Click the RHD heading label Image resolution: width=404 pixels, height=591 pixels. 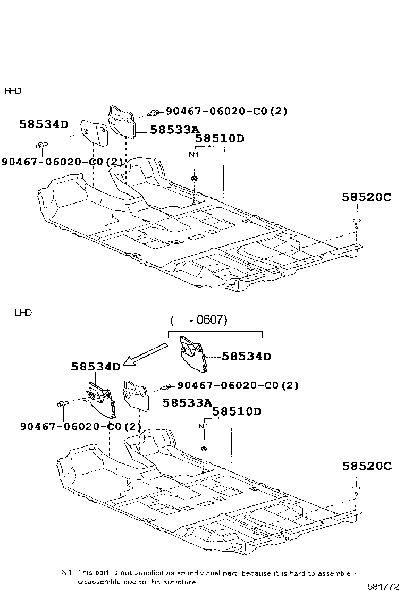click(x=13, y=91)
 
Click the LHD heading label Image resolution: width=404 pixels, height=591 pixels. click(x=23, y=313)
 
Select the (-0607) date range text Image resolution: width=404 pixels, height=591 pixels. click(x=199, y=320)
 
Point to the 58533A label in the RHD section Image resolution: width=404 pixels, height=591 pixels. click(x=174, y=129)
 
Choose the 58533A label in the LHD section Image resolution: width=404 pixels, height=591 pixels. click(x=187, y=403)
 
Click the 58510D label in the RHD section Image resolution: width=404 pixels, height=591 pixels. click(x=220, y=139)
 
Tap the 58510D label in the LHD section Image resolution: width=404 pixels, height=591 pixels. click(x=237, y=411)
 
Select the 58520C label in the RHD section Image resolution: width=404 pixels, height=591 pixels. click(x=366, y=197)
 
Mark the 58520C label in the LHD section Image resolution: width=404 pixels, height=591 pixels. click(x=366, y=466)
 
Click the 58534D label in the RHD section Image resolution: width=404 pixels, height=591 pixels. click(x=44, y=124)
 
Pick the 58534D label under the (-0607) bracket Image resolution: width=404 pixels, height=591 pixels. click(x=246, y=356)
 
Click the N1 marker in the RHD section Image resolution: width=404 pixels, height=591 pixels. click(x=194, y=155)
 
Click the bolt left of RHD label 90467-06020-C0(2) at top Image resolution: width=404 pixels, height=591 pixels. click(x=154, y=112)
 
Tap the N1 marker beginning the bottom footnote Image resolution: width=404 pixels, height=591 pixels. click(x=66, y=572)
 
